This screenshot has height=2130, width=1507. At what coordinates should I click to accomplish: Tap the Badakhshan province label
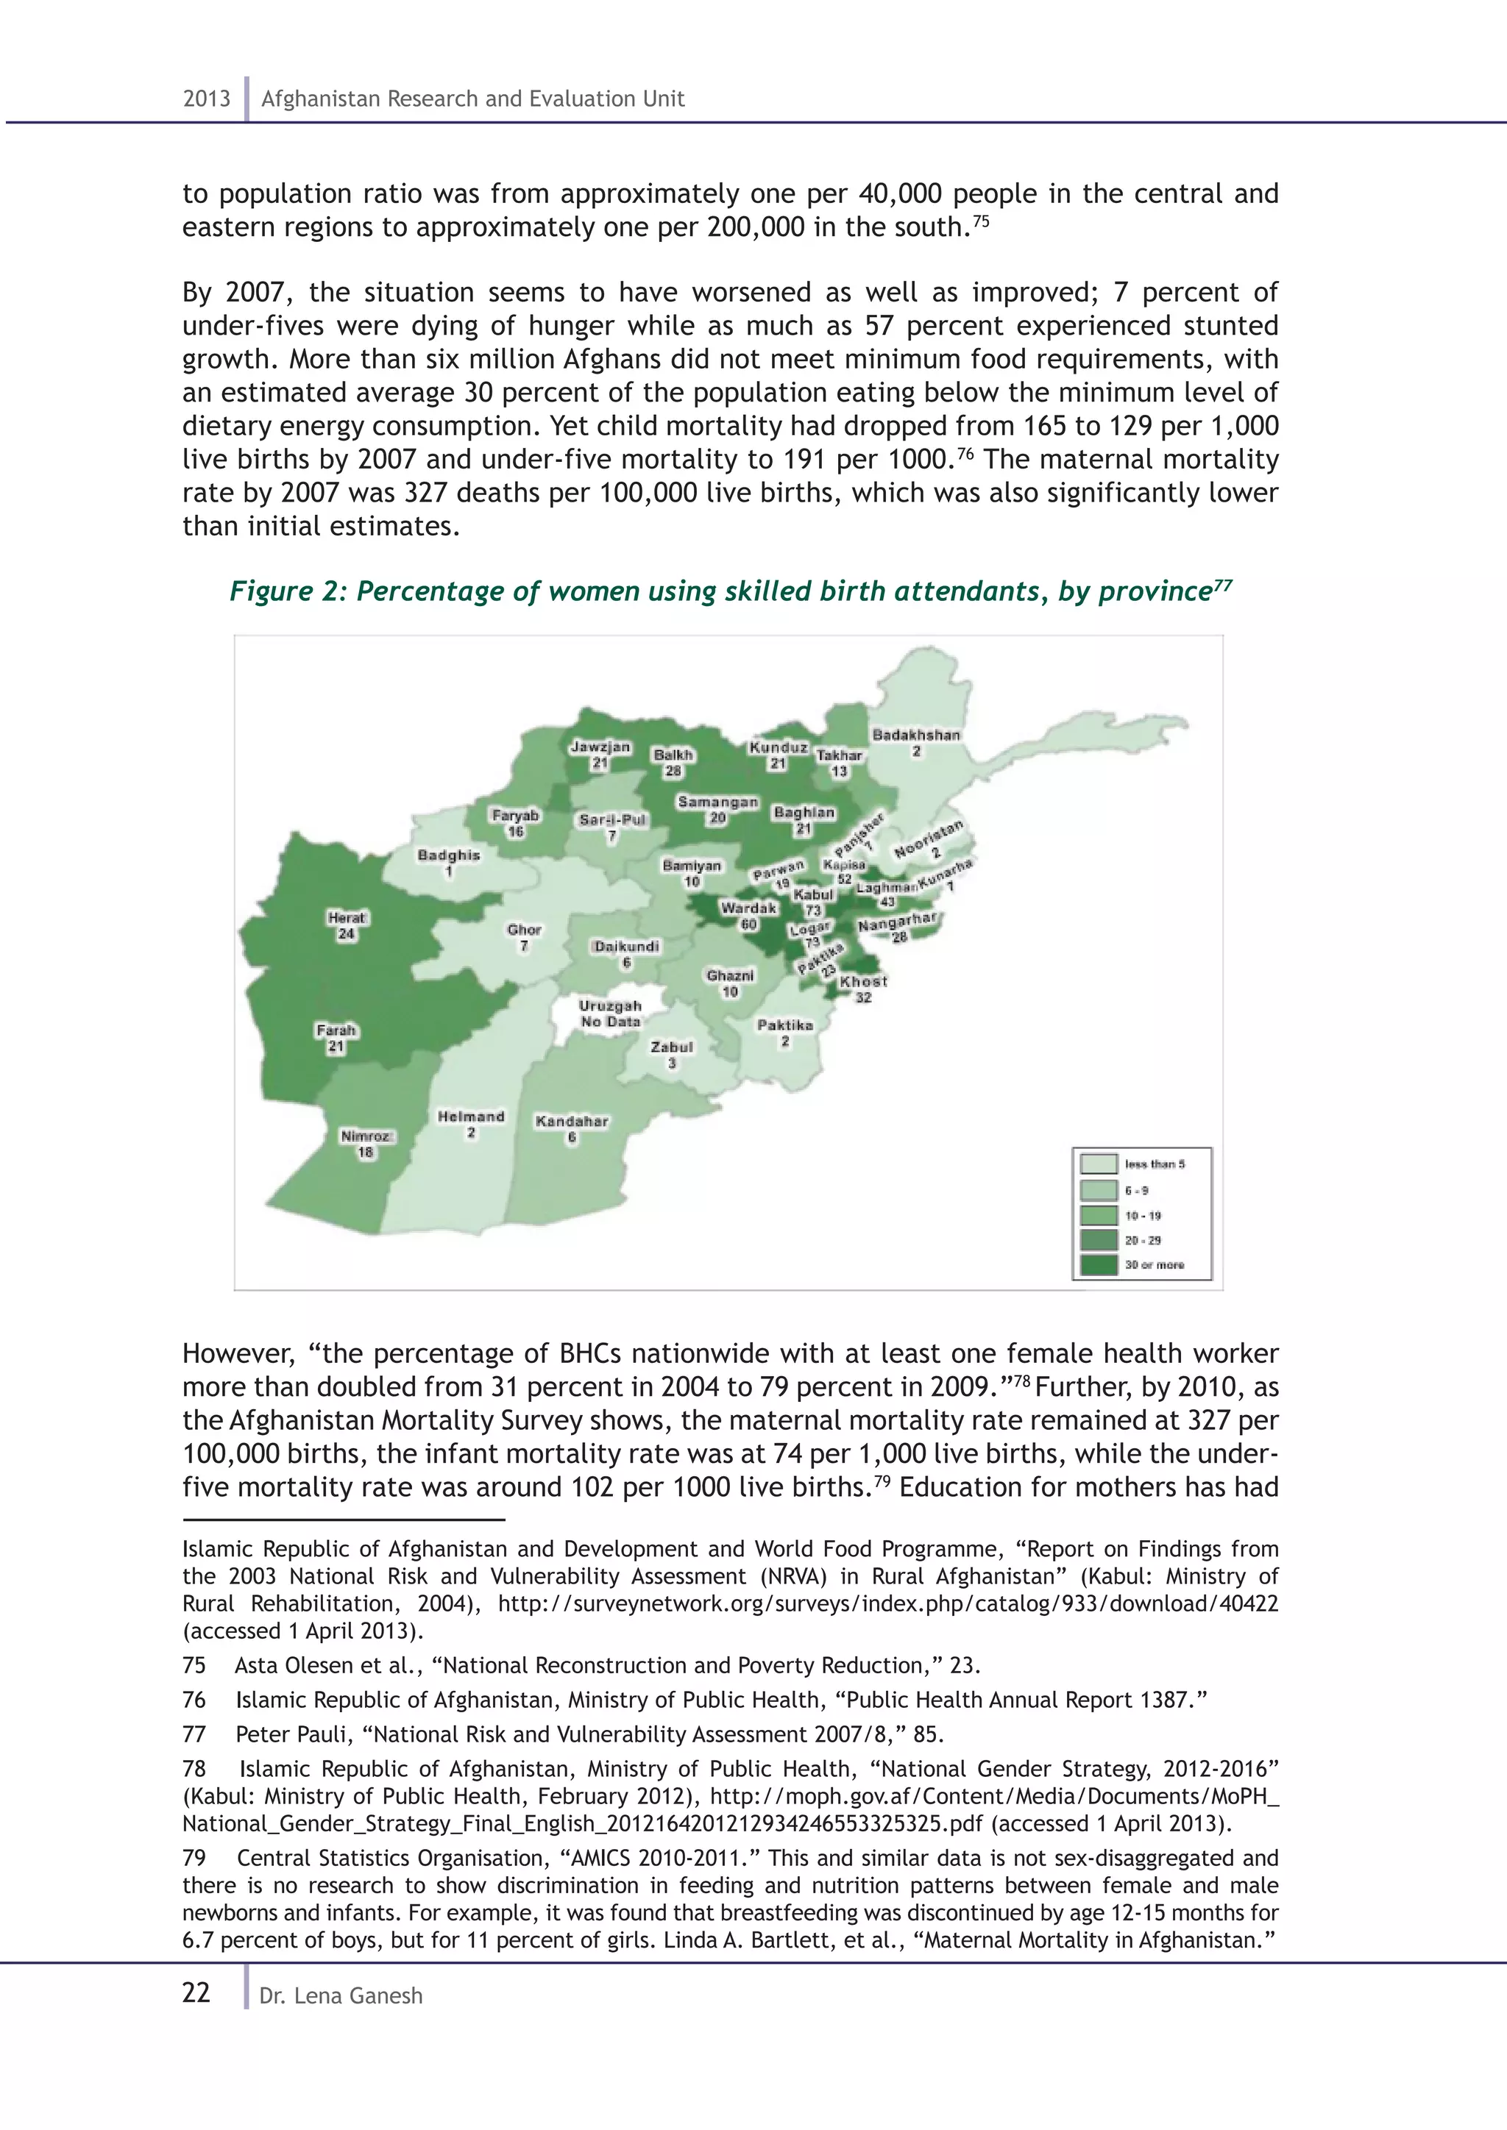[x=916, y=742]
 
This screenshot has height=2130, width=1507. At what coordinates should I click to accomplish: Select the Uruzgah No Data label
[x=610, y=1013]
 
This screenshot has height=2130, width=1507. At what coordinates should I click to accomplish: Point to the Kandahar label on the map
[x=572, y=1128]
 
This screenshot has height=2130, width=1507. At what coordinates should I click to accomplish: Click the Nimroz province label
[x=366, y=1143]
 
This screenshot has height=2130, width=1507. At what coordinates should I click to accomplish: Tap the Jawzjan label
[x=600, y=754]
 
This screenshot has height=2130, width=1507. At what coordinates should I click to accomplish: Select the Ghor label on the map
[x=525, y=936]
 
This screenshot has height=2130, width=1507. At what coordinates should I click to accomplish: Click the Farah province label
[x=336, y=1037]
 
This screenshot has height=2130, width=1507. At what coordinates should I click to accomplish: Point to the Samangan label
[x=717, y=809]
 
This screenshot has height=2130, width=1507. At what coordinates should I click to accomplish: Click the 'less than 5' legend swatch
[x=1099, y=1164]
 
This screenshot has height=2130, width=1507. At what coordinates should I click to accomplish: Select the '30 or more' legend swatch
[x=1099, y=1264]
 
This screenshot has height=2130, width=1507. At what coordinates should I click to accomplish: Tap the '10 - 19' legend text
[x=1142, y=1215]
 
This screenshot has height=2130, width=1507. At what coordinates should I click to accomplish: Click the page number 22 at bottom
[x=196, y=1992]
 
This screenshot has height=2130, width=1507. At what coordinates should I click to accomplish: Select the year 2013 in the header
[x=206, y=99]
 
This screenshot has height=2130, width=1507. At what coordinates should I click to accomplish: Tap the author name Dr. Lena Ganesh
[x=341, y=1995]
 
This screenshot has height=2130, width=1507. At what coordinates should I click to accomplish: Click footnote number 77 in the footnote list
[x=194, y=1734]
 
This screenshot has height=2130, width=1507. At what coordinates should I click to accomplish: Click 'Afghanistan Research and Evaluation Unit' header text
[x=472, y=99]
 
